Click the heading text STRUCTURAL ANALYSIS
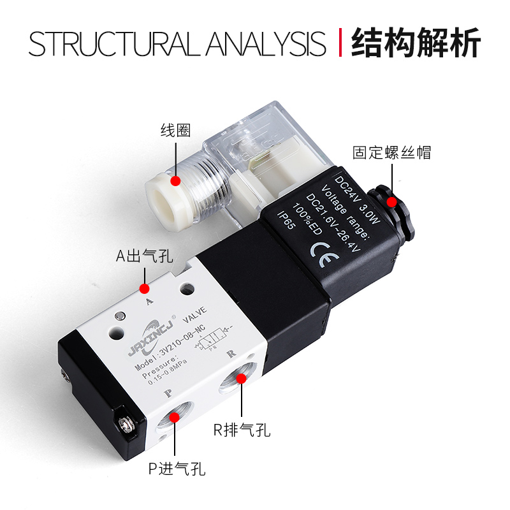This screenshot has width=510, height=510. coord(177,43)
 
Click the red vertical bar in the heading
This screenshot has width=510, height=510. coord(339,43)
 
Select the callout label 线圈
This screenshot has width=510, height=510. coord(175,131)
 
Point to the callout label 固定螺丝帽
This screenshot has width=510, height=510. coord(391,152)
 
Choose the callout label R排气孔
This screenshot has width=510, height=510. coord(242,430)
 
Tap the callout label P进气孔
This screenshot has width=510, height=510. coord(177,470)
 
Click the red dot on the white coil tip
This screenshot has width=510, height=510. coord(176,180)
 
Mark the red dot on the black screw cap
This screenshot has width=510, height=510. coord(392,202)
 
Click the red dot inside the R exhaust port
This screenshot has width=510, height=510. coord(242,379)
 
